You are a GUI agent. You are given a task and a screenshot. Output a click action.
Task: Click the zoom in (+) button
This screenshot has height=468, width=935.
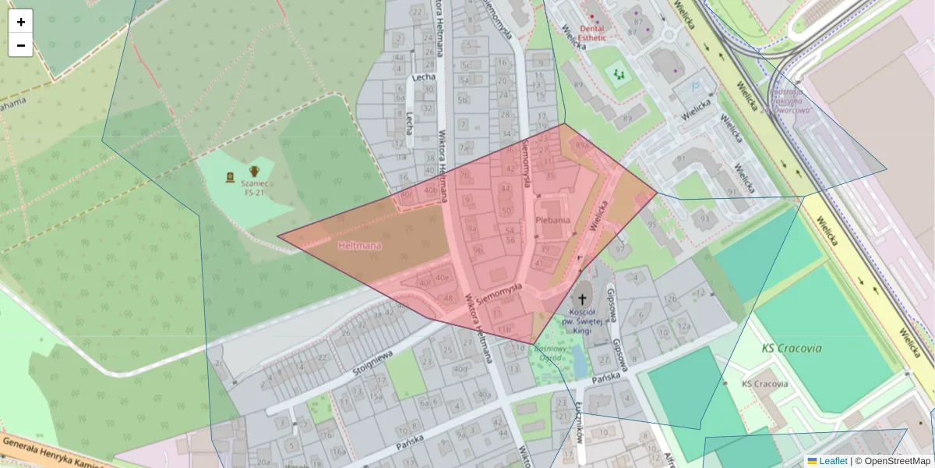[21, 22]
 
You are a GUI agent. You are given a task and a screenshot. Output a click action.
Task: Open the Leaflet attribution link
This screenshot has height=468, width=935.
[832, 461]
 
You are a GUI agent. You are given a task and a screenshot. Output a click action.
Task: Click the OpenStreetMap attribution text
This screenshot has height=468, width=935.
[897, 461]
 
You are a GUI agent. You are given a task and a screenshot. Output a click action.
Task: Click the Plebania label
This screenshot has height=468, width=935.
[552, 220]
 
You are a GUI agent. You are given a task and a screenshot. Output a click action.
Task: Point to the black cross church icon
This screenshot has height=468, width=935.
[582, 298]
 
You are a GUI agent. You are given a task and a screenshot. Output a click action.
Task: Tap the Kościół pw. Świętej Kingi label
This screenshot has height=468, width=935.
[582, 322]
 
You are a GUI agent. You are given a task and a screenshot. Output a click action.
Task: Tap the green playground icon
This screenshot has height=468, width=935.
[619, 75]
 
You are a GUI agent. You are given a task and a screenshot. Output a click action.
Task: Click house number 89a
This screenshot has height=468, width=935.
[580, 145]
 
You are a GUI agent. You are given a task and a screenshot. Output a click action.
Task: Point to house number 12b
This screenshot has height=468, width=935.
[670, 300]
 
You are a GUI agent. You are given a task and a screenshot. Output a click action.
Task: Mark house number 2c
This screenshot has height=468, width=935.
[219, 363]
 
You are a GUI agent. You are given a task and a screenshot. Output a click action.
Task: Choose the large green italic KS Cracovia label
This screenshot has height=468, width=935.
[792, 349]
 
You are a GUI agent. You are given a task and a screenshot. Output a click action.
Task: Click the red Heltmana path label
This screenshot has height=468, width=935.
[359, 246]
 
